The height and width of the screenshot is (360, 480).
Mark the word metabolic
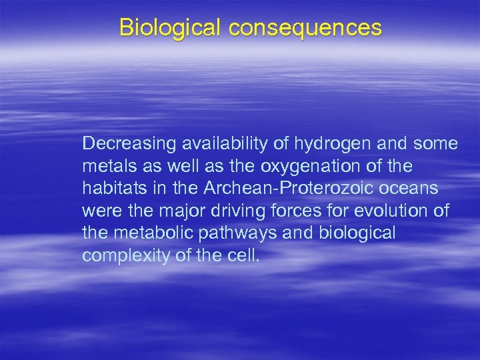coord(145,234)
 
